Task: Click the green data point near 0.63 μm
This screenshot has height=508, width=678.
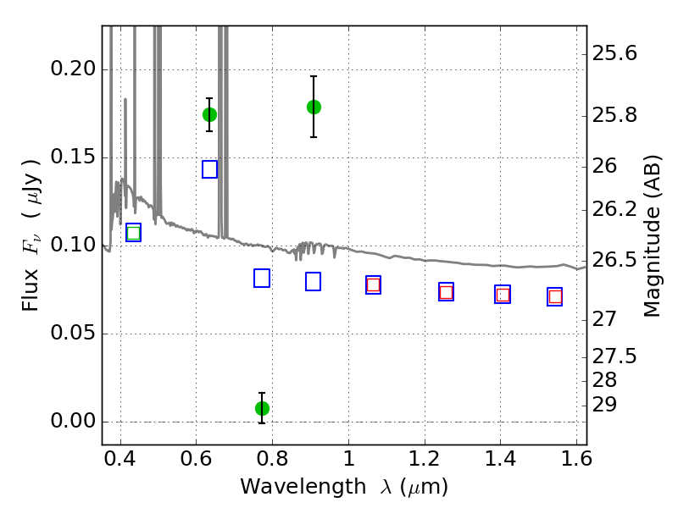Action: pyautogui.click(x=209, y=115)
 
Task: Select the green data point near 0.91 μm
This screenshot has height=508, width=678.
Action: pyautogui.click(x=314, y=108)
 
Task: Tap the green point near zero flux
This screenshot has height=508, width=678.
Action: pyautogui.click(x=262, y=408)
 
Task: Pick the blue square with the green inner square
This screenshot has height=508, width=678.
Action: pyautogui.click(x=133, y=233)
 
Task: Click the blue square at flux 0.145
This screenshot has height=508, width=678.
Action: pyautogui.click(x=209, y=169)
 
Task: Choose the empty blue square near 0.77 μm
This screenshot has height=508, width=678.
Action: pyautogui.click(x=262, y=279)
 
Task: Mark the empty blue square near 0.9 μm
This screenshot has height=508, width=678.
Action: pyautogui.click(x=313, y=282)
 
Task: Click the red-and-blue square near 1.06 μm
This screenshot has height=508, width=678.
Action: pyautogui.click(x=373, y=285)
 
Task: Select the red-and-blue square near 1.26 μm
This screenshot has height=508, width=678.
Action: pyautogui.click(x=447, y=292)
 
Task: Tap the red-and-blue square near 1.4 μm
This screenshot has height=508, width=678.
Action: pyautogui.click(x=503, y=295)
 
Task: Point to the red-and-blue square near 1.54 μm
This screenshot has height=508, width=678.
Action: pyautogui.click(x=555, y=297)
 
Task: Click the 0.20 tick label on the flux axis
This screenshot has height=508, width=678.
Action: pyautogui.click(x=73, y=69)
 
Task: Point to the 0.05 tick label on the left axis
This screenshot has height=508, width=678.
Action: pyautogui.click(x=73, y=333)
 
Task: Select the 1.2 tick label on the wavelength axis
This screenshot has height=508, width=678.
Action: pyautogui.click(x=425, y=458)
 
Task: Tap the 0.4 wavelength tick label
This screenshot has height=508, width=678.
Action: pyautogui.click(x=120, y=458)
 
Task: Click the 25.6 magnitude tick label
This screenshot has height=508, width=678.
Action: pyautogui.click(x=614, y=53)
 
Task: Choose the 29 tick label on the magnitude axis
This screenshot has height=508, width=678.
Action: pyautogui.click(x=604, y=406)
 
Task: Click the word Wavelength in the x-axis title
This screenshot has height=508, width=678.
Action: pyautogui.click(x=303, y=487)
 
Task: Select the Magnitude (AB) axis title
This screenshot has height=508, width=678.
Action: pyautogui.click(x=652, y=236)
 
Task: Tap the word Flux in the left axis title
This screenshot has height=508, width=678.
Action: pyautogui.click(x=31, y=290)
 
